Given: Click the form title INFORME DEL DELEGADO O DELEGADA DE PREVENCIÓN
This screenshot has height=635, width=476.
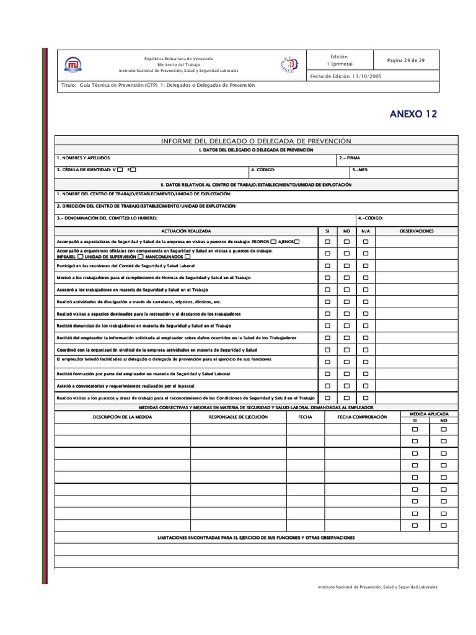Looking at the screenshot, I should pos(256,141).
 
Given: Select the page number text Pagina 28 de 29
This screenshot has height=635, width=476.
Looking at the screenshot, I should pos(405,60).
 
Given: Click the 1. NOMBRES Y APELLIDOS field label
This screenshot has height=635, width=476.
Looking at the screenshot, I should pos(84,158).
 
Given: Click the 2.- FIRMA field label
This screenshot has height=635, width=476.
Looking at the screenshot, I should pos(350,158).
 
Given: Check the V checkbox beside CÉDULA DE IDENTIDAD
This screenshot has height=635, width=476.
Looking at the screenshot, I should pos(120,169).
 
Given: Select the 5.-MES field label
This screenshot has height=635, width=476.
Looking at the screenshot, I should pos(360,169).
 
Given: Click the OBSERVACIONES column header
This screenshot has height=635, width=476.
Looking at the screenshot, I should pos(416,231).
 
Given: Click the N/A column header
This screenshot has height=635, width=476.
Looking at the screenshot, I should pos(366,231).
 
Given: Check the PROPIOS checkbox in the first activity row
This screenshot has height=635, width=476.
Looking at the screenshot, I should pos(273,241).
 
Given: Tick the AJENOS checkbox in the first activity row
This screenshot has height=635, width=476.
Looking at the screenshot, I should pos(297,241).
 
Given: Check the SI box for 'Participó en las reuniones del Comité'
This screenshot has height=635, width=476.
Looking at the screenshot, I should pos(327,265).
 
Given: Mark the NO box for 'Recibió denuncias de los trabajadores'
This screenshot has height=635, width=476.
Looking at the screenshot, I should pos(346,326).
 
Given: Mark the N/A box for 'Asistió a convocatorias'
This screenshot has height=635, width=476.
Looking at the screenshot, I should pos(366,386).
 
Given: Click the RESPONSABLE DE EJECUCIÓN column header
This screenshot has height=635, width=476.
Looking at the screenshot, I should pos(239,417).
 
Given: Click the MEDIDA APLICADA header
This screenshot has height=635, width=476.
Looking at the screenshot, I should pos(429,413).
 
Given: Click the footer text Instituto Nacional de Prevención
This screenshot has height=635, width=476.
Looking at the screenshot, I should pos(377,587).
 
